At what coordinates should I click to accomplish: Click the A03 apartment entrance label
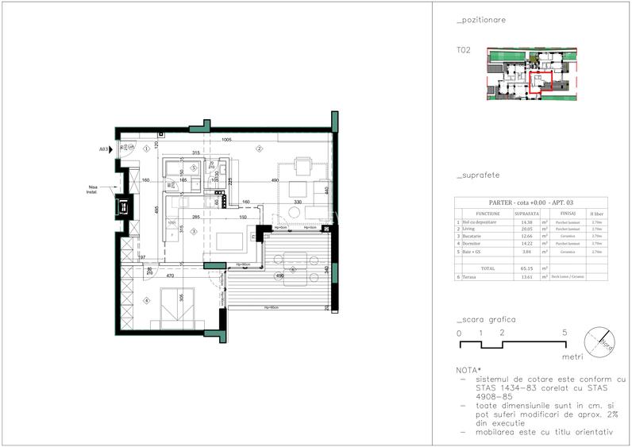pyautogui.click(x=103, y=148)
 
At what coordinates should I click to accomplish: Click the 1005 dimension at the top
pyautogui.click(x=226, y=140)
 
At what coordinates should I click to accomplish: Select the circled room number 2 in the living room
pyautogui.click(x=259, y=148)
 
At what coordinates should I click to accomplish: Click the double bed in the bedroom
pyautogui.click(x=181, y=308)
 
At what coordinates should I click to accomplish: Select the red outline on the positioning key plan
pyautogui.click(x=541, y=82)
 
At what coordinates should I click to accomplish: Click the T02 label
pyautogui.click(x=464, y=49)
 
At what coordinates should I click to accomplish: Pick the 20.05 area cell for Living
pyautogui.click(x=526, y=229)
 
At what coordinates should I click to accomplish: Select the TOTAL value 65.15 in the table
pyautogui.click(x=526, y=268)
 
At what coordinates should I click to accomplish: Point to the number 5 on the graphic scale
pyautogui.click(x=564, y=333)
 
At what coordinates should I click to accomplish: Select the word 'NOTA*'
pyautogui.click(x=468, y=371)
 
